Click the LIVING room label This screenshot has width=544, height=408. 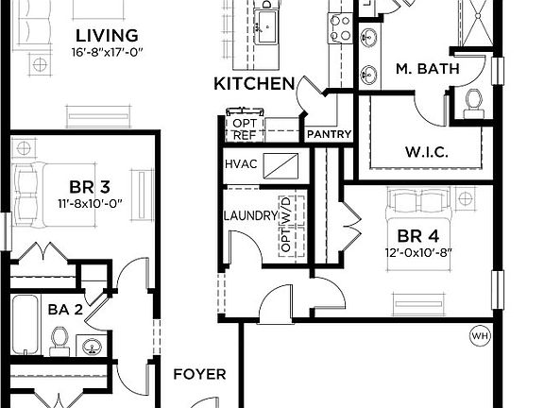107,36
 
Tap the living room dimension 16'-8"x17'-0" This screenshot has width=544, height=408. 108,52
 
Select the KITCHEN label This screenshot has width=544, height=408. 254,84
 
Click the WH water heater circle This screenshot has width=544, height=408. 481,336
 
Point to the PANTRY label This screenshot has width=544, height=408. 330,134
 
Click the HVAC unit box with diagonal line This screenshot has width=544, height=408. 280,166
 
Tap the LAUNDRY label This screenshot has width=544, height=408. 250,215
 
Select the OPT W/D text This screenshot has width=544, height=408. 286,224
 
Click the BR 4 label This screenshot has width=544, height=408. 417,236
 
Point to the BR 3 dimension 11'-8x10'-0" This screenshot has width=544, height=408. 90,203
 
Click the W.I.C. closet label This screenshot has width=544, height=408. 426,152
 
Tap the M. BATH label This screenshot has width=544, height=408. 428,69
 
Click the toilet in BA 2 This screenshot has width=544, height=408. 59,341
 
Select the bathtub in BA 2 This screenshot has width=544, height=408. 25,324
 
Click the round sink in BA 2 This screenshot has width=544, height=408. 93,346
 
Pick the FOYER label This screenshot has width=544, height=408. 199,374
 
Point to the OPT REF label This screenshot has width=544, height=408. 245,129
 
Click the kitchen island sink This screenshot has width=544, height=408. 266,26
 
